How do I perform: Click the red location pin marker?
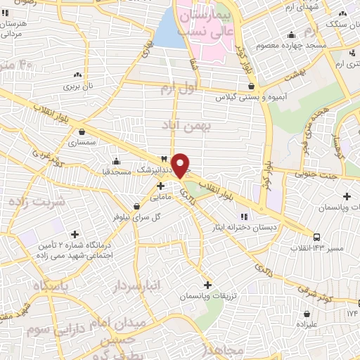pos(181,165)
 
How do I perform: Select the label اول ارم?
pos(176,88)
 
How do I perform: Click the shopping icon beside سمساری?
pos(82,131)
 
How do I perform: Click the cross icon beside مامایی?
pos(161,186)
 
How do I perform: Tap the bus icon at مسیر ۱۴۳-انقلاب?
pos(317,237)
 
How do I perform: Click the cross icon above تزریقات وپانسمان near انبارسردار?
pos(207,285)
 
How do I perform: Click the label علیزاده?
pos(307,325)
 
